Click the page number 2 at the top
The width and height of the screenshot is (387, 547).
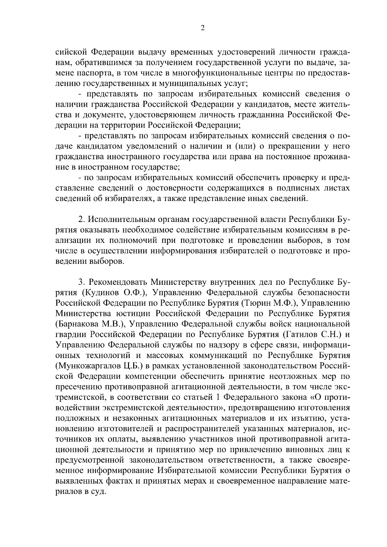(202, 28)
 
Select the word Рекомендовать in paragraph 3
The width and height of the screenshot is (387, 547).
(118, 282)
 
